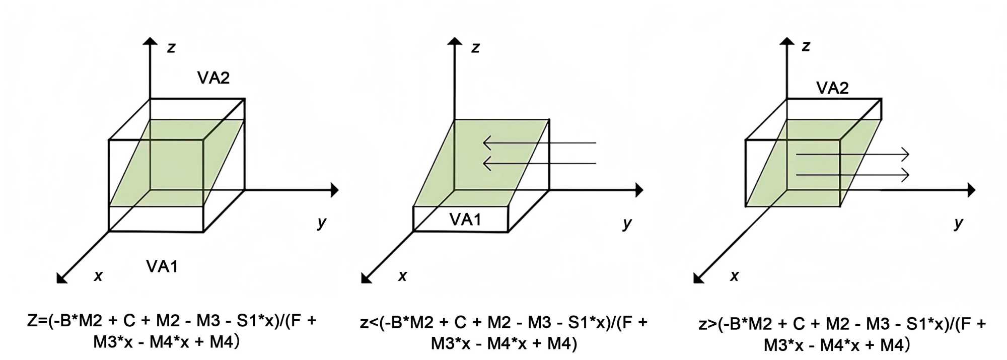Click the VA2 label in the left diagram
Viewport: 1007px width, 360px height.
coord(213,78)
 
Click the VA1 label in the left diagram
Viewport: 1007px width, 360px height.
coord(162,266)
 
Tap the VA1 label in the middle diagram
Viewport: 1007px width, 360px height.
coord(465,220)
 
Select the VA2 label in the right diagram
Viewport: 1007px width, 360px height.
coord(832,88)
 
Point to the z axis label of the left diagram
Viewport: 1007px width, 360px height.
coord(171,48)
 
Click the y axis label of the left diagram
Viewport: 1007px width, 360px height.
coord(322,222)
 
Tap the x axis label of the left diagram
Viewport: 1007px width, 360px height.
coord(98,276)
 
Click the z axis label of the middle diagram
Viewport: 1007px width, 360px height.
coord(475,48)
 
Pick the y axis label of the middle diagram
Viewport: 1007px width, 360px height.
coord(627,223)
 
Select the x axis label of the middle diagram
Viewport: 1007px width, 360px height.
coord(402,276)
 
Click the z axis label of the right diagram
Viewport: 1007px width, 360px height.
coord(806,46)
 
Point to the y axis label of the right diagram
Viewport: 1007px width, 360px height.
coord(959,223)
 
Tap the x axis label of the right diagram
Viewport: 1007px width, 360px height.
coord(734,276)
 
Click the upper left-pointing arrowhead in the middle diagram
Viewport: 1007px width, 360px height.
coord(487,143)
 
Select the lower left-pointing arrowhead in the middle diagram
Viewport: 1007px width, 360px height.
coord(487,163)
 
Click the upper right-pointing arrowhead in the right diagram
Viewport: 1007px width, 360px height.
coord(905,155)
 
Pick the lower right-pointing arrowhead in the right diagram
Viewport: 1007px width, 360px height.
coord(905,175)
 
